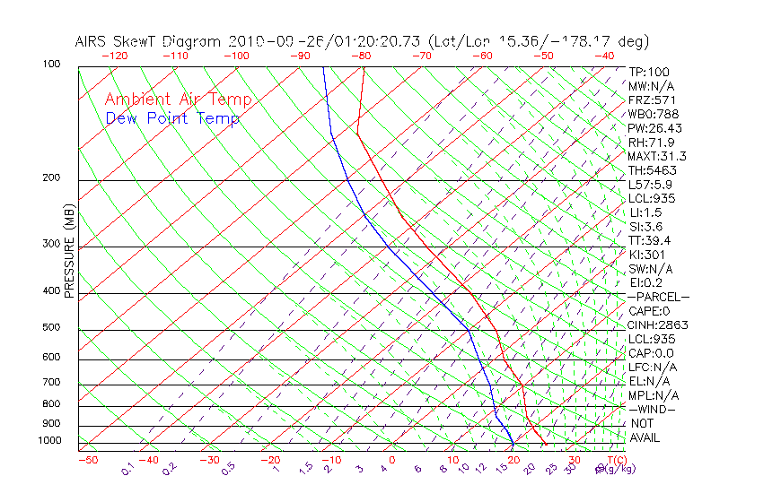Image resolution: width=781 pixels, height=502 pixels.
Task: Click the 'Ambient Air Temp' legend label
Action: click(178, 100)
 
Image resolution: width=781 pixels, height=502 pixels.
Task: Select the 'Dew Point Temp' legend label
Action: click(172, 118)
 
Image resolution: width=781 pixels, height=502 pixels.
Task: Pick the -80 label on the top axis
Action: click(361, 56)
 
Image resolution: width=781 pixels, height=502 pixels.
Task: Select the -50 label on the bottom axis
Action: click(87, 460)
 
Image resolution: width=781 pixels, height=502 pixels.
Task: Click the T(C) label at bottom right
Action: click(610, 460)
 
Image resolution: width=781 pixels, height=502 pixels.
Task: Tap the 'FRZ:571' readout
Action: click(652, 100)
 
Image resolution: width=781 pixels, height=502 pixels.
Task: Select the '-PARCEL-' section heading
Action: click(658, 297)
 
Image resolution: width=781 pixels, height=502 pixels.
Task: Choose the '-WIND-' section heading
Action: click(653, 409)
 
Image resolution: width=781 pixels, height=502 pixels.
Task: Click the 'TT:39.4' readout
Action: click(650, 240)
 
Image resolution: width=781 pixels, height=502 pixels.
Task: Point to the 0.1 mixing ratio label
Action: click(127, 469)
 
